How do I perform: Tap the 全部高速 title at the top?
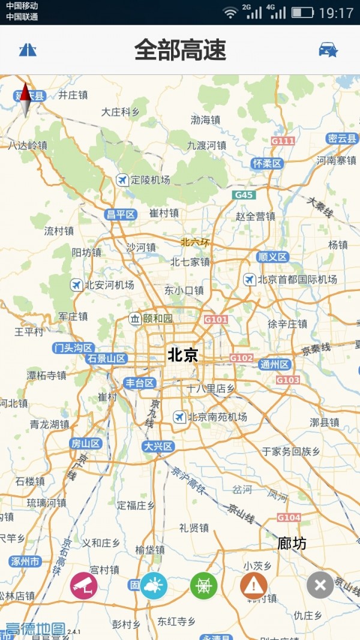tap(180, 50)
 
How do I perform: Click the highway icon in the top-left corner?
tap(28, 50)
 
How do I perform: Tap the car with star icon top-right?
tap(328, 50)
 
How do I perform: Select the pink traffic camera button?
tap(84, 585)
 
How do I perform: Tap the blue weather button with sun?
tap(154, 585)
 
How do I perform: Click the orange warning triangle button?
tap(254, 585)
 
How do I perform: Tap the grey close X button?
tap(320, 585)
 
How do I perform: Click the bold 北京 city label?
tap(182, 355)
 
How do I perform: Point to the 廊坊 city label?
tap(292, 543)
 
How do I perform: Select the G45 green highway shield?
tap(244, 195)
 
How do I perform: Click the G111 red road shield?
tap(283, 141)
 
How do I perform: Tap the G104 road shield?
tap(289, 517)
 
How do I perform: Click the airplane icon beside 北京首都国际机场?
tap(249, 280)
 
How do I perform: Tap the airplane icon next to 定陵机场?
tap(122, 179)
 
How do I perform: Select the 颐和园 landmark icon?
tap(135, 318)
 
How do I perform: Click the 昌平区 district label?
tap(121, 214)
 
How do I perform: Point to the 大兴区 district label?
tap(158, 446)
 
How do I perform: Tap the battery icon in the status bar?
tap(302, 13)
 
